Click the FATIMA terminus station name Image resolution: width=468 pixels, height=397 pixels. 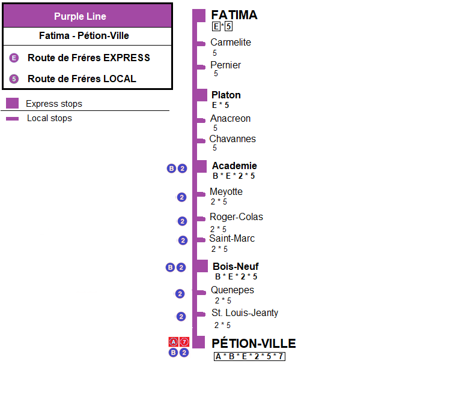point(234,15)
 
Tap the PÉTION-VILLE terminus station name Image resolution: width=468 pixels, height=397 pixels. point(254,344)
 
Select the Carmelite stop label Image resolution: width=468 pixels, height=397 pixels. point(231,43)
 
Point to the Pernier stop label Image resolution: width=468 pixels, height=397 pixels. point(226,65)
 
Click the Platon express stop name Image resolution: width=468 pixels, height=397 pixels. point(226,95)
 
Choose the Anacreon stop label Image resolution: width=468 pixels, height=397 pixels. point(230,119)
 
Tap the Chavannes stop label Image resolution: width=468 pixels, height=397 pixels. point(232,139)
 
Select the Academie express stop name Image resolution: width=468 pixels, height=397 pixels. point(234,166)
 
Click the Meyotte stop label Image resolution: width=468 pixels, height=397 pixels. point(226,192)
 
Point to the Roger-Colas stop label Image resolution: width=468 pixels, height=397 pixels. point(236,217)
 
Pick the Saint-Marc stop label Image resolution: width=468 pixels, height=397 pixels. point(232,239)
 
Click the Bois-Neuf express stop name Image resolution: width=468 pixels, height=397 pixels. point(236,266)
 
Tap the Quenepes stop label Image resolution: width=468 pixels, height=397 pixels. point(232,290)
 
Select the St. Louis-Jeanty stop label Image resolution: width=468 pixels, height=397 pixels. point(245,313)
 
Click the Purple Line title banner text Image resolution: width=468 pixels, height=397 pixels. point(88,16)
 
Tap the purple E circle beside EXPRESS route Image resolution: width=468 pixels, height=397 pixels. point(14,58)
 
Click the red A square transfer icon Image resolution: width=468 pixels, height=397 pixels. point(174,342)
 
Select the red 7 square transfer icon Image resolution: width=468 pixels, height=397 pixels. point(184,342)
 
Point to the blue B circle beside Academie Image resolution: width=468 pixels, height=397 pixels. point(171,169)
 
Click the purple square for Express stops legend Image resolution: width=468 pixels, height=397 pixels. point(12,104)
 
